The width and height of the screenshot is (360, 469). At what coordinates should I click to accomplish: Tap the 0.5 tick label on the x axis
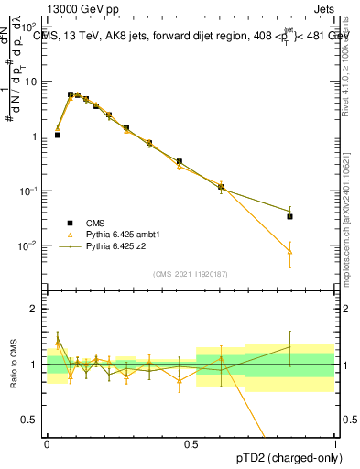point(191,443)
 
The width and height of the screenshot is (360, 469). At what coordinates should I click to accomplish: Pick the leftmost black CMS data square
point(58,135)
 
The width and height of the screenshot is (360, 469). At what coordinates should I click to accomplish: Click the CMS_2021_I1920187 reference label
point(191,273)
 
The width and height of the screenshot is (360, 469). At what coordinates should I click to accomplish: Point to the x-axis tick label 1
point(335,443)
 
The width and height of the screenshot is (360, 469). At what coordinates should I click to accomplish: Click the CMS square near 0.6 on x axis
point(221,187)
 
